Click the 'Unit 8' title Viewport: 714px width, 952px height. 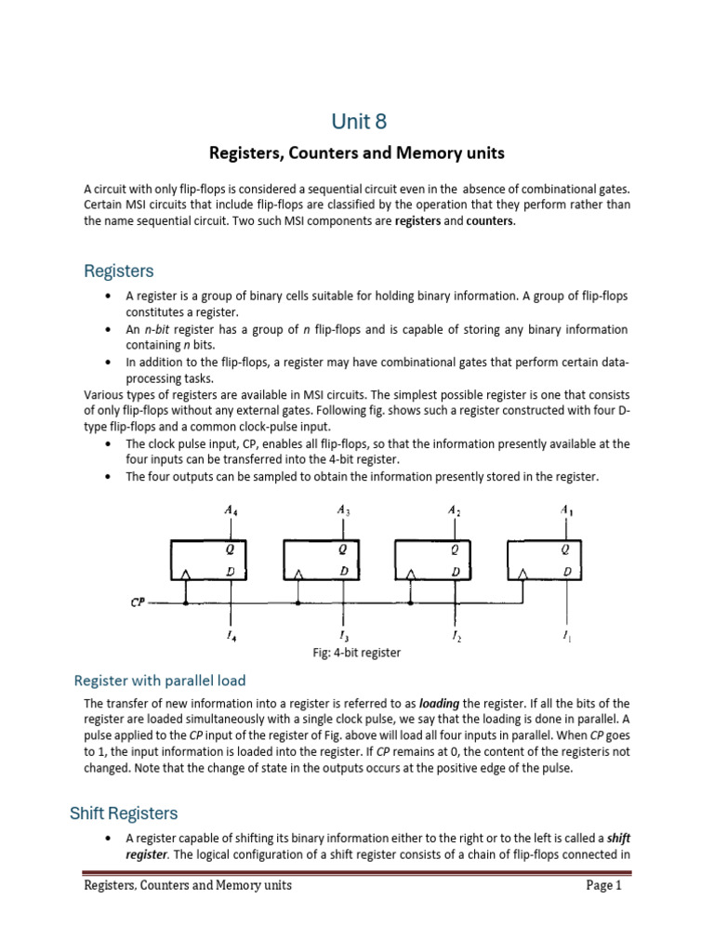[357, 122]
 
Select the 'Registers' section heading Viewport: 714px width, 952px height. [119, 271]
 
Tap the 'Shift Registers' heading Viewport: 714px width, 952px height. [124, 813]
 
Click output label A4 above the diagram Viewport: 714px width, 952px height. [231, 509]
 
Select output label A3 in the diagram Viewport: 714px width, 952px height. [342, 509]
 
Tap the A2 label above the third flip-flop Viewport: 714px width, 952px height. [454, 509]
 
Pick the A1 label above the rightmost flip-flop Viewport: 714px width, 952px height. [566, 509]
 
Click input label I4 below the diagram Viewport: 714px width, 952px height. [230, 637]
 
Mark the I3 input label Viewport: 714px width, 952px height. [344, 637]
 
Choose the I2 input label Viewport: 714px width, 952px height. [455, 638]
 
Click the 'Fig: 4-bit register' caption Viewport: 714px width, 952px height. [356, 653]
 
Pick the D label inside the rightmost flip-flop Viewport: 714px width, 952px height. [566, 571]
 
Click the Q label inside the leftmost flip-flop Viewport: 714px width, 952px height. [231, 549]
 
